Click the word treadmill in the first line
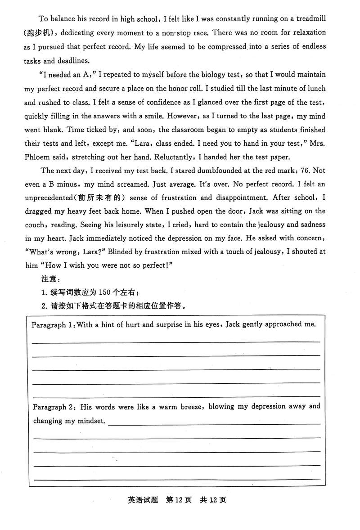point(309,18)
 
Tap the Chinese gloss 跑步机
point(42,33)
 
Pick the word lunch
point(315,88)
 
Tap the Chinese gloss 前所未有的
point(99,198)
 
